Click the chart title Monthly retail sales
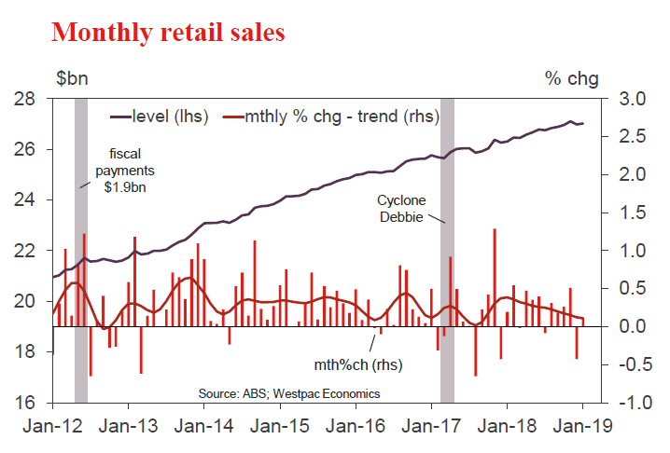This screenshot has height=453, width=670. [168, 33]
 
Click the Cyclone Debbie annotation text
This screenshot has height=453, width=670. [399, 209]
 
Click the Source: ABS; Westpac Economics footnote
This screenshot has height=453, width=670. [289, 392]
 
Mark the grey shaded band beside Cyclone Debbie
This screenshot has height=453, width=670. [447, 252]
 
